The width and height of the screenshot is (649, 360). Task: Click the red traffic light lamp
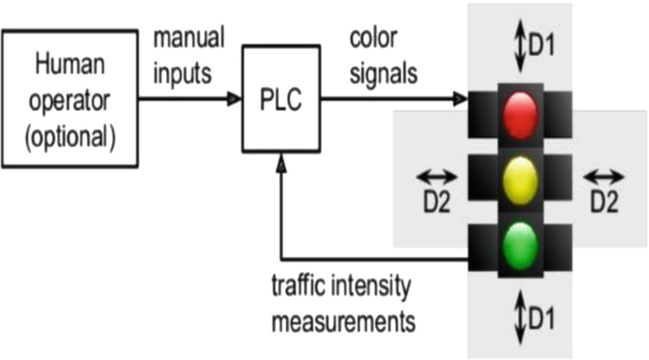pos(519,114)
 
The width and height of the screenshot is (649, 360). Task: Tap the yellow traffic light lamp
pos(519,181)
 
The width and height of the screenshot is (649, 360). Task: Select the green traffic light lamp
pos(519,245)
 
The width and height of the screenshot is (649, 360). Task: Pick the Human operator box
pos(70,99)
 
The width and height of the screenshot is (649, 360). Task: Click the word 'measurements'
pos(343,320)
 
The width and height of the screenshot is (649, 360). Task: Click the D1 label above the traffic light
pos(540,45)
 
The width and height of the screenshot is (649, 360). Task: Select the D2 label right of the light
pos(604,201)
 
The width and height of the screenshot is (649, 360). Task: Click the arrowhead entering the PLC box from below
pos(280,162)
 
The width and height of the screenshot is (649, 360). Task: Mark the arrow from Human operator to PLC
pos(190,99)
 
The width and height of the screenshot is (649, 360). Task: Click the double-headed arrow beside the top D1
pos(519,45)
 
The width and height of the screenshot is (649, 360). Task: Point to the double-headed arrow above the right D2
pos(604,176)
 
